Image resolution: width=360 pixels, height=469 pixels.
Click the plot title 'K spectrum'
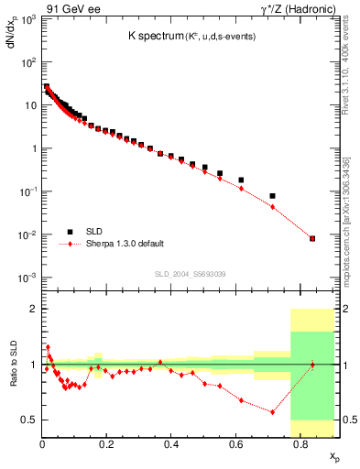(157, 36)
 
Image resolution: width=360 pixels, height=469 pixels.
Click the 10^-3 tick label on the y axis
(28, 278)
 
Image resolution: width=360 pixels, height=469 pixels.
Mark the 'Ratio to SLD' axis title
(13, 376)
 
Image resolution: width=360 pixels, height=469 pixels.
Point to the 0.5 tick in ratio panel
(27, 420)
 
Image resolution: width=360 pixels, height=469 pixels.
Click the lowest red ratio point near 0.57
(273, 412)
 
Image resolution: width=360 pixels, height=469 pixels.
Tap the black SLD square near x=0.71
(273, 196)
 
